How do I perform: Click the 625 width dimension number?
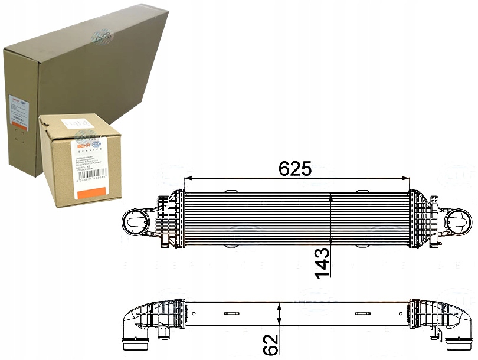294,169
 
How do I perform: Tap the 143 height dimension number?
323,262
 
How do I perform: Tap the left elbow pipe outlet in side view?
132,342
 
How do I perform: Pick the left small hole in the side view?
193,312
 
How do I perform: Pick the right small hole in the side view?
401,312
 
